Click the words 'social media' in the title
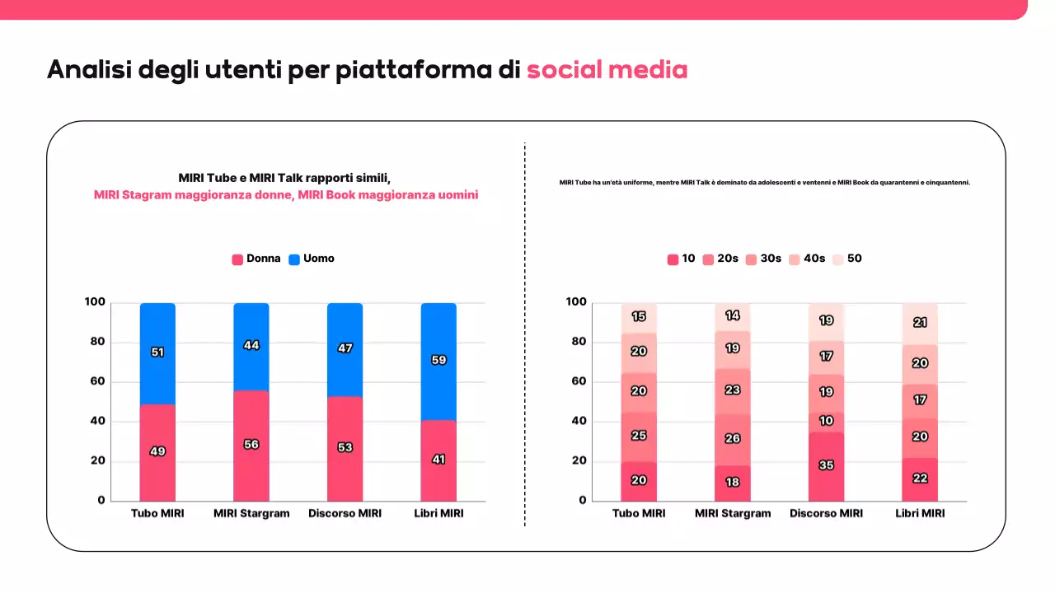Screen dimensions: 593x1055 tap(607, 70)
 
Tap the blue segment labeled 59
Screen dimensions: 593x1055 tap(438, 360)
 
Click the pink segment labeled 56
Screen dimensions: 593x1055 tap(251, 445)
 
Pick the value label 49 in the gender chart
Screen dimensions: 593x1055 tap(157, 451)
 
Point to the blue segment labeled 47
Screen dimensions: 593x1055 tap(345, 348)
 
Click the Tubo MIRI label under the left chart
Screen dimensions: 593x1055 tap(157, 513)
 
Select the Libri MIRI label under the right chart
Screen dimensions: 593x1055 tap(920, 513)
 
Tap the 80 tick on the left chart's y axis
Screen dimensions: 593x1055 tap(96, 342)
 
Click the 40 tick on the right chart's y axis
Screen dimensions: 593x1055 tap(578, 421)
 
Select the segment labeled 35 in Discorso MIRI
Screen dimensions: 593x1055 tap(827, 465)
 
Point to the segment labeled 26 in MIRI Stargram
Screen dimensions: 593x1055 tap(733, 438)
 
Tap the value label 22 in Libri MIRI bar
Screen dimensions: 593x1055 tap(920, 479)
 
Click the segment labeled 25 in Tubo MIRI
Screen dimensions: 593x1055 tap(639, 435)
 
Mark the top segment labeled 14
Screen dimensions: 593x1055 tap(733, 315)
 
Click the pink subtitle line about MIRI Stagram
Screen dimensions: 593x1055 tap(286, 195)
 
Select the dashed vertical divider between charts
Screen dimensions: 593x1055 tap(525, 329)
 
